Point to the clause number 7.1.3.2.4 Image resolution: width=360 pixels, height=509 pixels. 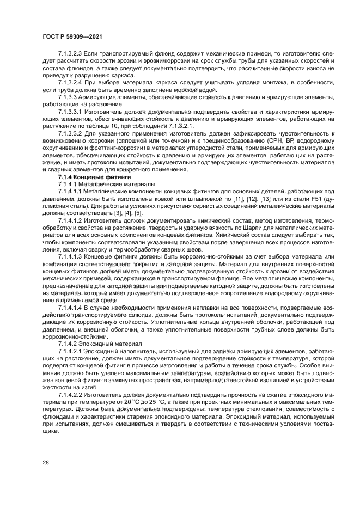pyautogui.click(x=71, y=82)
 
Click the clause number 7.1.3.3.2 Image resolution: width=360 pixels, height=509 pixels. pyautogui.click(x=71, y=133)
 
